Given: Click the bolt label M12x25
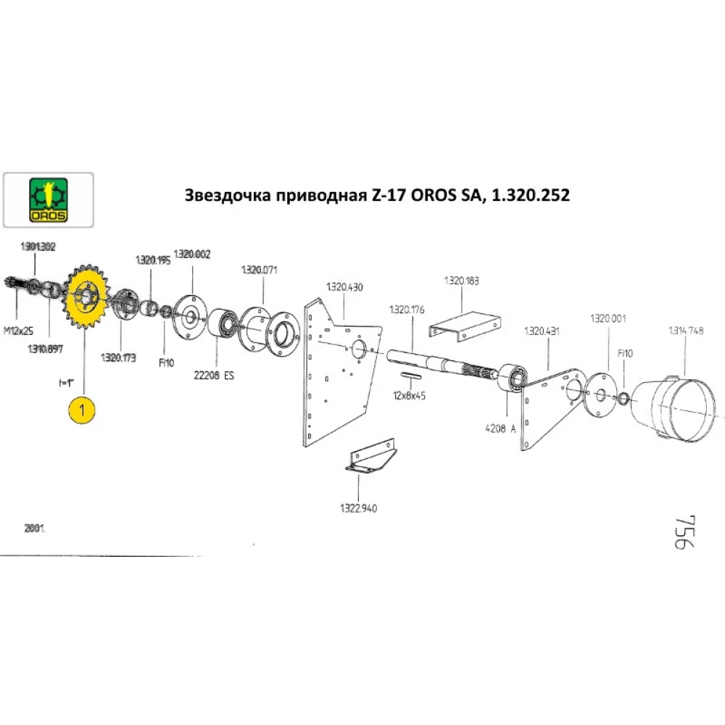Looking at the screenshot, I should click(17, 331).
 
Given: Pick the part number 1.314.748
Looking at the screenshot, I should click(685, 331).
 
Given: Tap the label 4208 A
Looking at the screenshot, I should click(502, 428).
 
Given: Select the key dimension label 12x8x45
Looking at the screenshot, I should click(410, 397).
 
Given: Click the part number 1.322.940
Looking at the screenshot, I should click(359, 508).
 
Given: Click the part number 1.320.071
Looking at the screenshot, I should click(259, 270).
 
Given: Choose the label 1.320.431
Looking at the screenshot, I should click(541, 331).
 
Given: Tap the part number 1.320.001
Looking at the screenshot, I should click(608, 318).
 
